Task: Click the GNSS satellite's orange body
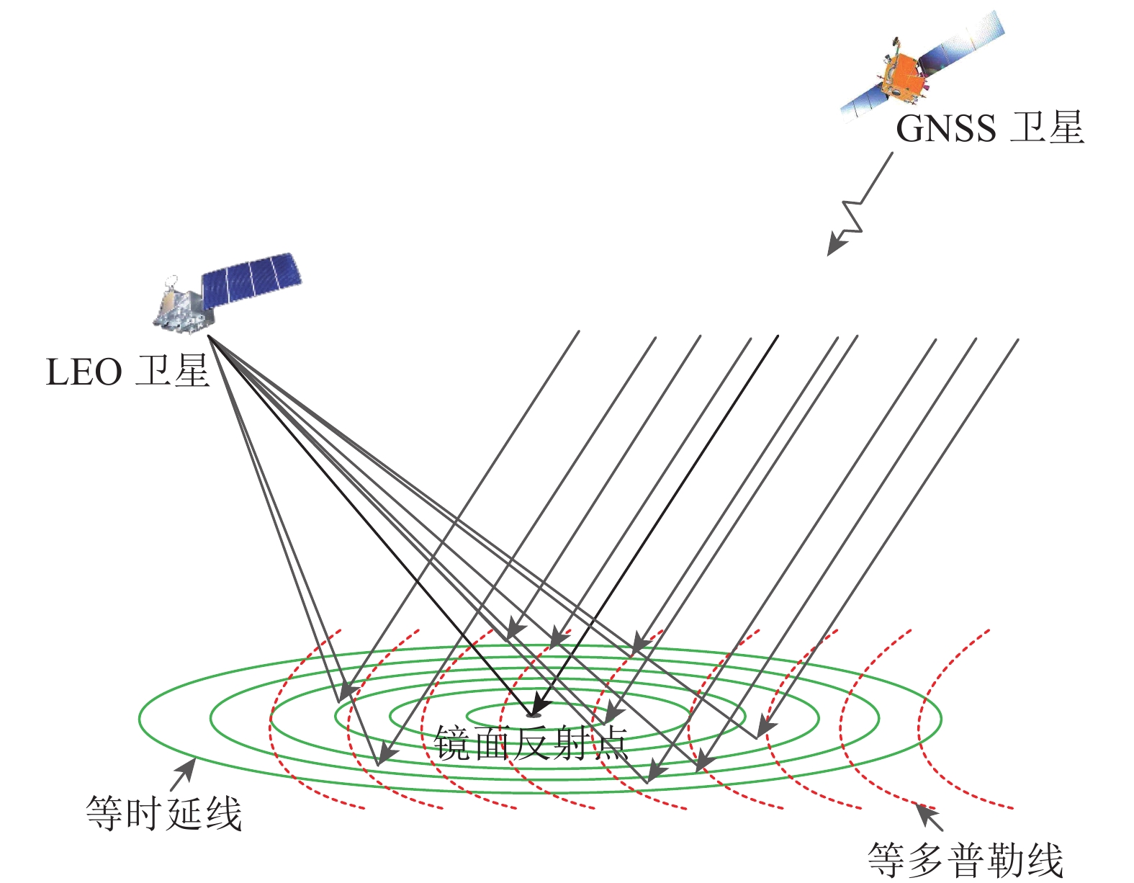point(902,75)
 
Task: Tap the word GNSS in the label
point(945,129)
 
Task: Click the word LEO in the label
point(84,373)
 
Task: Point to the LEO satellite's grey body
point(181,310)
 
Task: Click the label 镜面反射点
point(531,743)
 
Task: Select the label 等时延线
point(163,814)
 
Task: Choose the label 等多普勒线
point(966,859)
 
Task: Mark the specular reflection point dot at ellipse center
point(533,714)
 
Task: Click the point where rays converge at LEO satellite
point(208,336)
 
